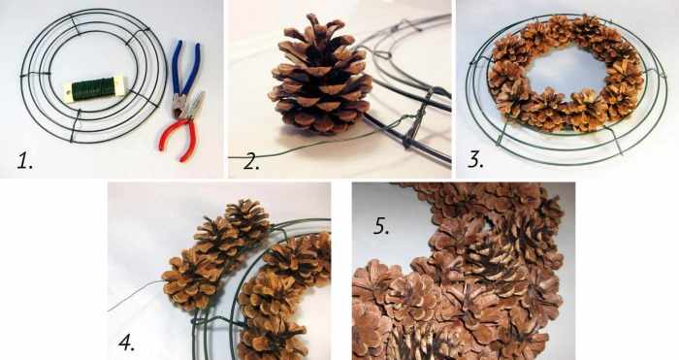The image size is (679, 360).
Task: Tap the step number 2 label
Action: pyautogui.click(x=251, y=162)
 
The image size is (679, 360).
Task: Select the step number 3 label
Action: pyautogui.click(x=475, y=159)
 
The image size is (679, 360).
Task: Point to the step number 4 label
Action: pyautogui.click(x=126, y=344)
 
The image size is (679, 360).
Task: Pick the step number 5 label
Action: pyautogui.click(x=381, y=226)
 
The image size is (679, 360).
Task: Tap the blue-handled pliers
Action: pyautogui.click(x=184, y=79)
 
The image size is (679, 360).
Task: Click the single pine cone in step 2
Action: pyautogui.click(x=320, y=76)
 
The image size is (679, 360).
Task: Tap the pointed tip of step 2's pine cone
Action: pyautogui.click(x=311, y=16)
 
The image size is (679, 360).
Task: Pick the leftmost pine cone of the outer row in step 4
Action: pyautogui.click(x=190, y=281)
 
